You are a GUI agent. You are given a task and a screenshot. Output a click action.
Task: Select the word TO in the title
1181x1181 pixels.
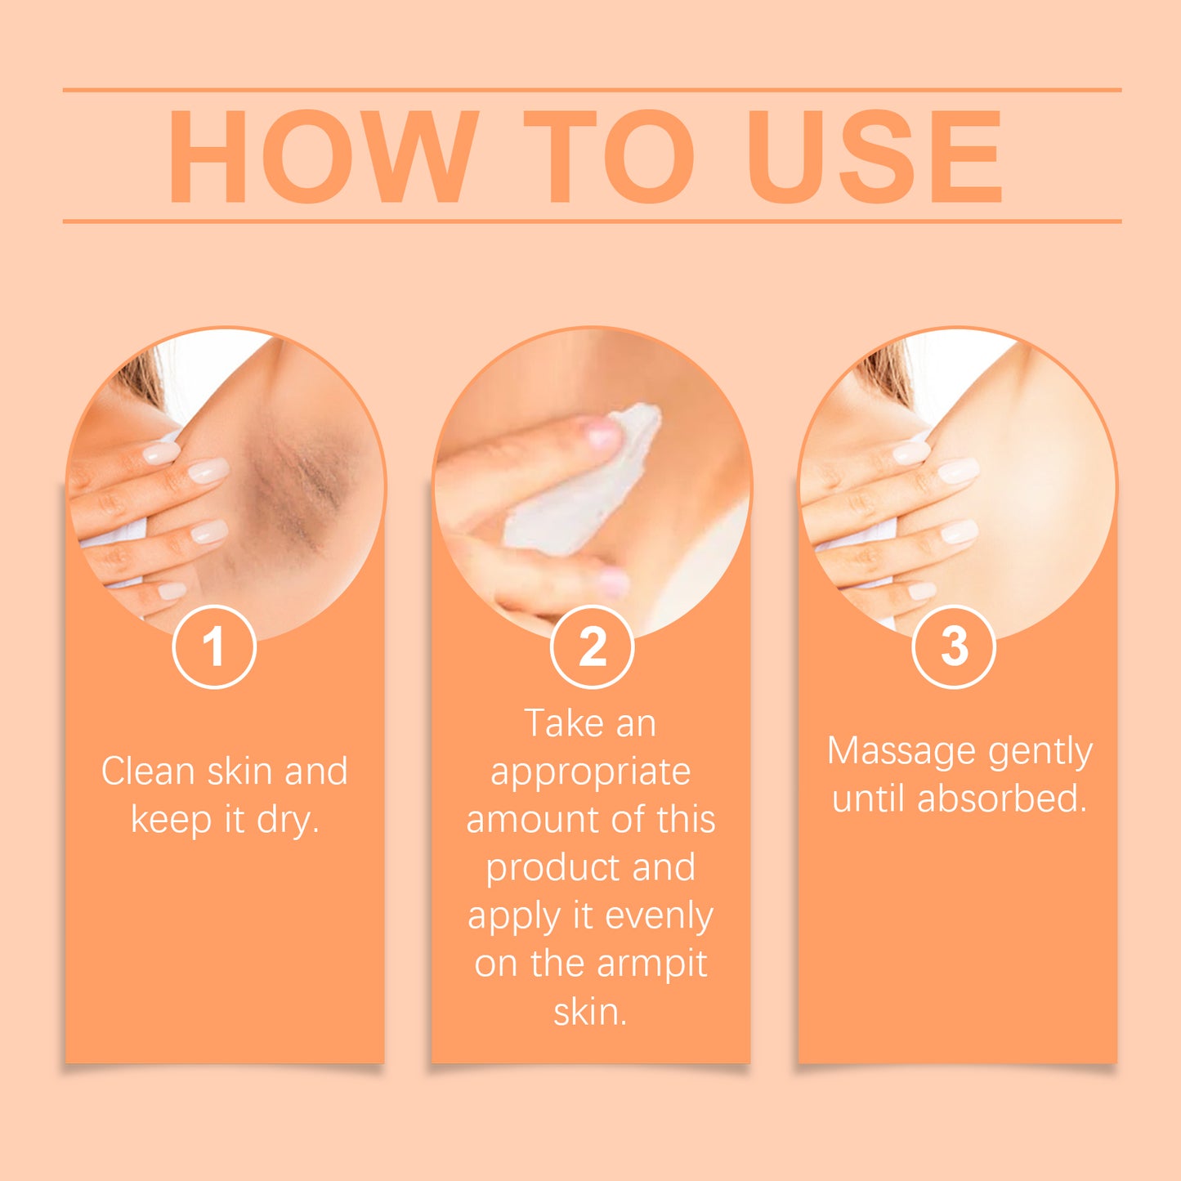[609, 156]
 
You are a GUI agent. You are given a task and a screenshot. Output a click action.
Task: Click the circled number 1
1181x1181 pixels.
[214, 646]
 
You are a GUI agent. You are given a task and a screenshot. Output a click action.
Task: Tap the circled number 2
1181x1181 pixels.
[592, 646]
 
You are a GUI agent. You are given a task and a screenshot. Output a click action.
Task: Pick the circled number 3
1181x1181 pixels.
[954, 646]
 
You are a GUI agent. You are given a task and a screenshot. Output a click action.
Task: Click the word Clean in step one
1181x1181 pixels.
[147, 772]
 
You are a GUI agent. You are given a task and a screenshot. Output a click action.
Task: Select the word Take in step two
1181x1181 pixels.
[557, 723]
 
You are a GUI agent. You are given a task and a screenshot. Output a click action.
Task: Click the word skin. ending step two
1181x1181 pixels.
[590, 1012]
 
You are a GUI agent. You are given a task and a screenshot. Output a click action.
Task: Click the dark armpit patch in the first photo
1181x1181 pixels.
[294, 490]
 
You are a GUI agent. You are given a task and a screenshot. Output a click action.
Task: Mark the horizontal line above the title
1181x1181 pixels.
[592, 90]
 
